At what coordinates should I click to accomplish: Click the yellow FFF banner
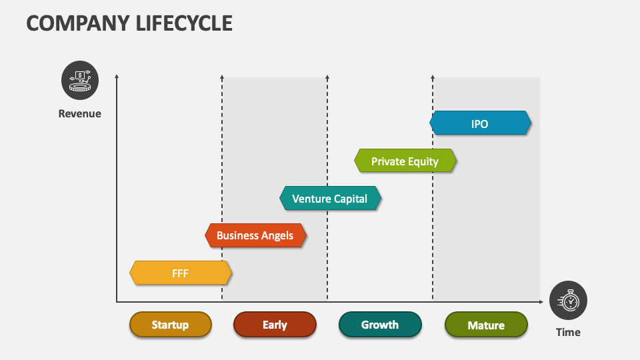180,273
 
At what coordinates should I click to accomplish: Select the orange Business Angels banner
255,235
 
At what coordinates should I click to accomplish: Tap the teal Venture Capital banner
330,199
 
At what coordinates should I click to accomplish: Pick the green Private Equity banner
405,161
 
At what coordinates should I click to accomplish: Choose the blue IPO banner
480,124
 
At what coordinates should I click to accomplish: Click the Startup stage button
170,325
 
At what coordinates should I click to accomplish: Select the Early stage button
275,325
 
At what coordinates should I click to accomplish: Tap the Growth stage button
380,325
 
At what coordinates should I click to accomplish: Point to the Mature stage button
486,325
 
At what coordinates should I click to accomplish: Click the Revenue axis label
80,113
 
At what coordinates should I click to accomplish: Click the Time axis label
568,332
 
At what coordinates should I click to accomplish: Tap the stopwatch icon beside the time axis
569,300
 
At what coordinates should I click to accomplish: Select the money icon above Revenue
80,80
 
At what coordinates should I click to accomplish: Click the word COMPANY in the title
73,23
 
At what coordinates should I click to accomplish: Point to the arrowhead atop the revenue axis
117,77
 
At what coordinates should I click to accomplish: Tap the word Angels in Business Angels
277,235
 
